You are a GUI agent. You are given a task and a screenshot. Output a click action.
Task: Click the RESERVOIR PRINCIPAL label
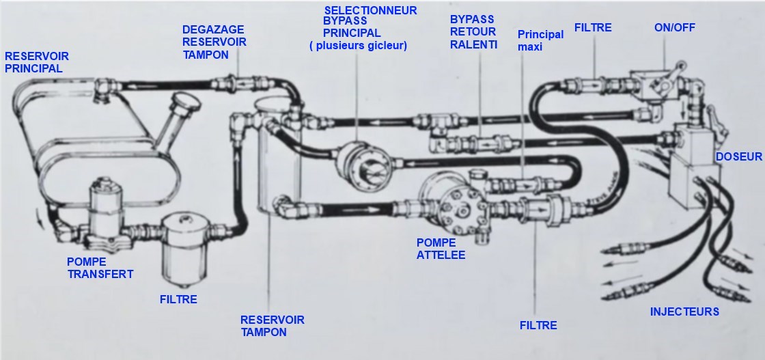(37, 62)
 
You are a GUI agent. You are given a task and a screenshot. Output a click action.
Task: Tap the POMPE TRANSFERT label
(100, 268)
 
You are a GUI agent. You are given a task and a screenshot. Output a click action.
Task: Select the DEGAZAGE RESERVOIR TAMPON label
(214, 42)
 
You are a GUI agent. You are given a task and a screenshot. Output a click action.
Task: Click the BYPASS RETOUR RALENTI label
(473, 32)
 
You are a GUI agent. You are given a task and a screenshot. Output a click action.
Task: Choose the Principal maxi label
(540, 41)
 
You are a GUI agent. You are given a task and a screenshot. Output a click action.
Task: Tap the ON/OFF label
(671, 28)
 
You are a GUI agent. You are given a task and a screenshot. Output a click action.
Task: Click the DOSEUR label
(738, 157)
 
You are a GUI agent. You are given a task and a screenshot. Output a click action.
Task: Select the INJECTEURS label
(684, 311)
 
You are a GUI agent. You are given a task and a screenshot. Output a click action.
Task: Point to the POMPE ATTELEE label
(441, 249)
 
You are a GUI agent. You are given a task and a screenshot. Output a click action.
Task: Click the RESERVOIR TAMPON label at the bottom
(272, 326)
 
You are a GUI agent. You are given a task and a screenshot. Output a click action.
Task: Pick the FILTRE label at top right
(593, 28)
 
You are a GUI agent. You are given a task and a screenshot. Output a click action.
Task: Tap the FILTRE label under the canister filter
(178, 299)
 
